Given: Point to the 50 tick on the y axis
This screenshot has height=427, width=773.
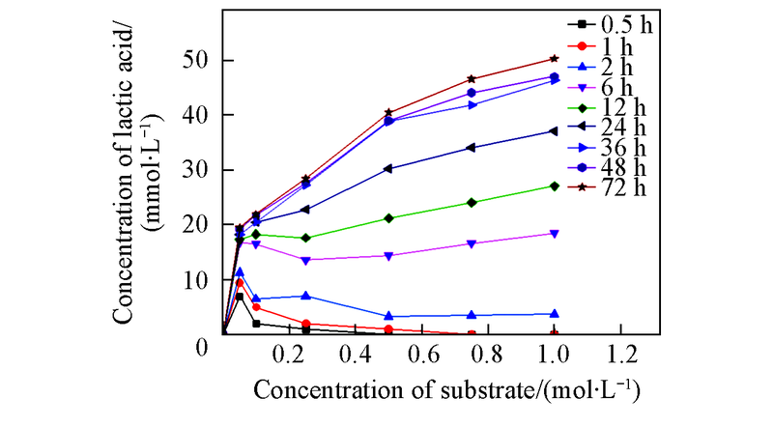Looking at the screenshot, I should click(x=199, y=60).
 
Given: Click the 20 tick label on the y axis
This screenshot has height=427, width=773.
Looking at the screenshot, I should click(x=199, y=224).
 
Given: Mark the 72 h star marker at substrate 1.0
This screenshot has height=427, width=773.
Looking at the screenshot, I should click(x=554, y=59).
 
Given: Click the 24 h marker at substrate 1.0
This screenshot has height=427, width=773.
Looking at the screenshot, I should click(x=554, y=131).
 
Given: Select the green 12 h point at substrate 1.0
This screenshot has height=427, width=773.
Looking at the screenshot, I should click(x=554, y=185).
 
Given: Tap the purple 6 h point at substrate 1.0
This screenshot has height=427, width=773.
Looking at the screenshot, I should click(x=554, y=234).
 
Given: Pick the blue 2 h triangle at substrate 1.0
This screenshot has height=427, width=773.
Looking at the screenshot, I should click(x=554, y=313).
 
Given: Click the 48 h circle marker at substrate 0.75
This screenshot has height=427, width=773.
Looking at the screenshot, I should click(x=472, y=93).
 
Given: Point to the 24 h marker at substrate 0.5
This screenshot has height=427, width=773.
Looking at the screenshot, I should click(x=388, y=168).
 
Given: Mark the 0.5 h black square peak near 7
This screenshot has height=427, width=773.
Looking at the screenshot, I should click(x=240, y=297).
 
